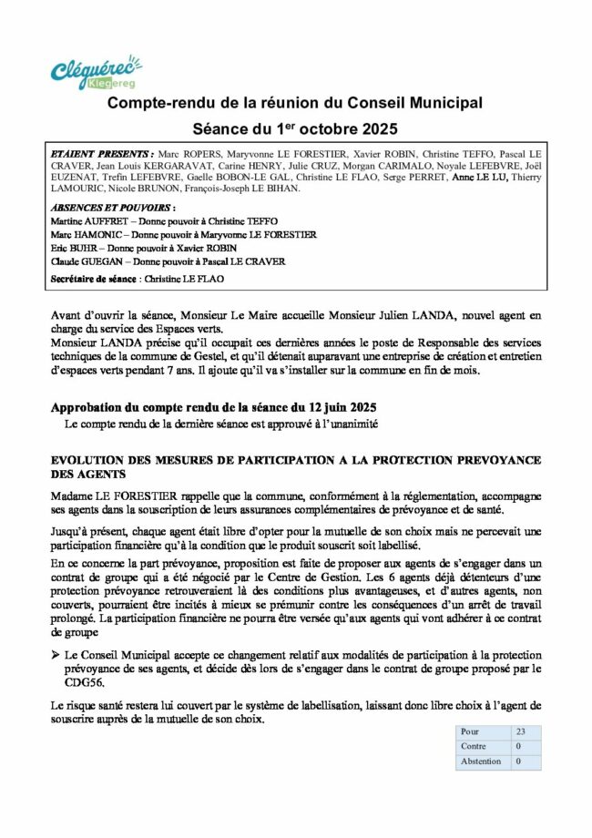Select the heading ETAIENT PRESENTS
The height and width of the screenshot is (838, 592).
pos(104,156)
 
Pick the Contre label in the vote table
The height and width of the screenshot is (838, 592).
pos(474,746)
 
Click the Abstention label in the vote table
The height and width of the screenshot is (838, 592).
pos(481,761)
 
